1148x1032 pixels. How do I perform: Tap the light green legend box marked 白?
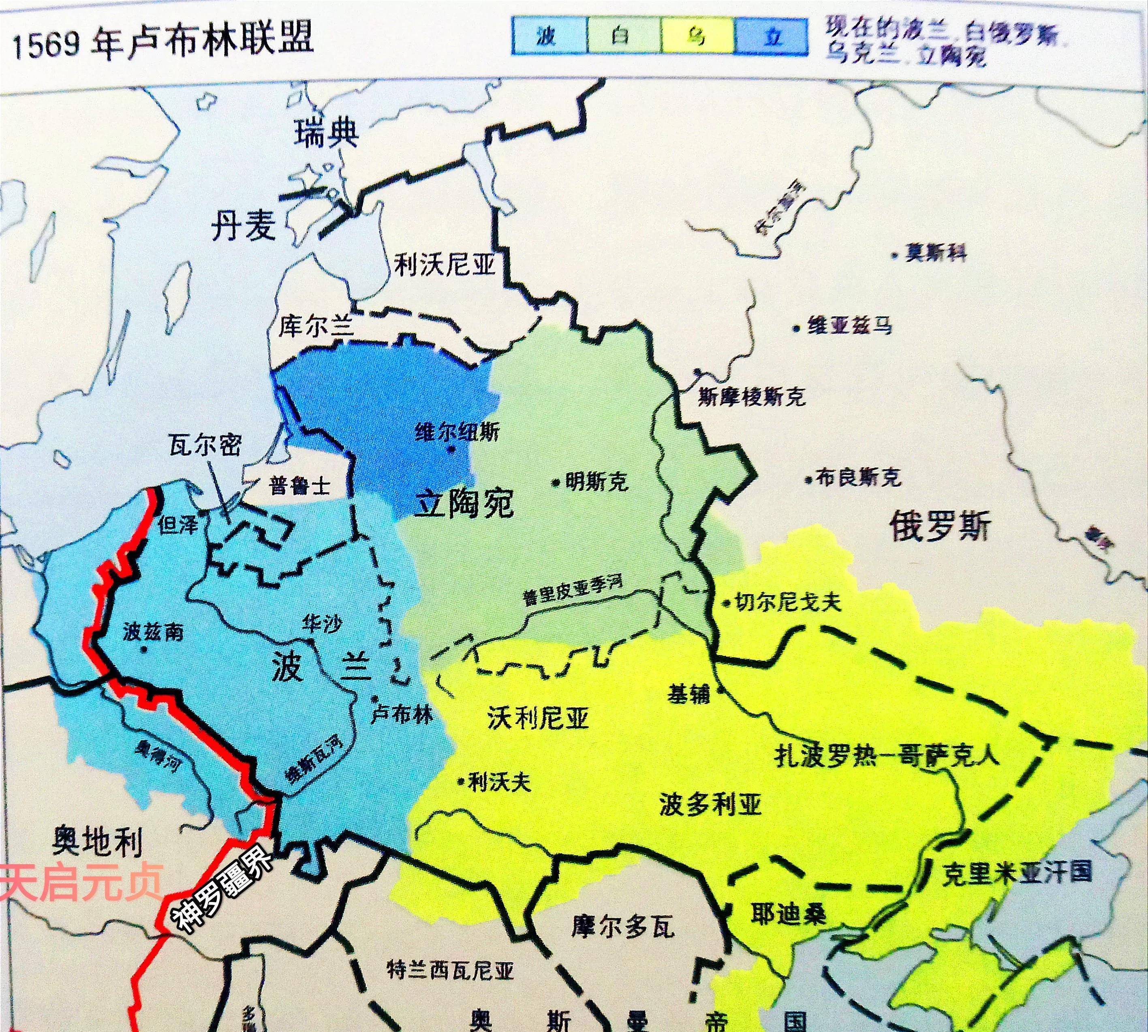click(x=623, y=36)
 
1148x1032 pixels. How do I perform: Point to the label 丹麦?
click(x=244, y=226)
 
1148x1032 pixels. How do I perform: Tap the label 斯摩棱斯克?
click(x=751, y=396)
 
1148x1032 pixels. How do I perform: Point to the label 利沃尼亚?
click(x=445, y=264)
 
